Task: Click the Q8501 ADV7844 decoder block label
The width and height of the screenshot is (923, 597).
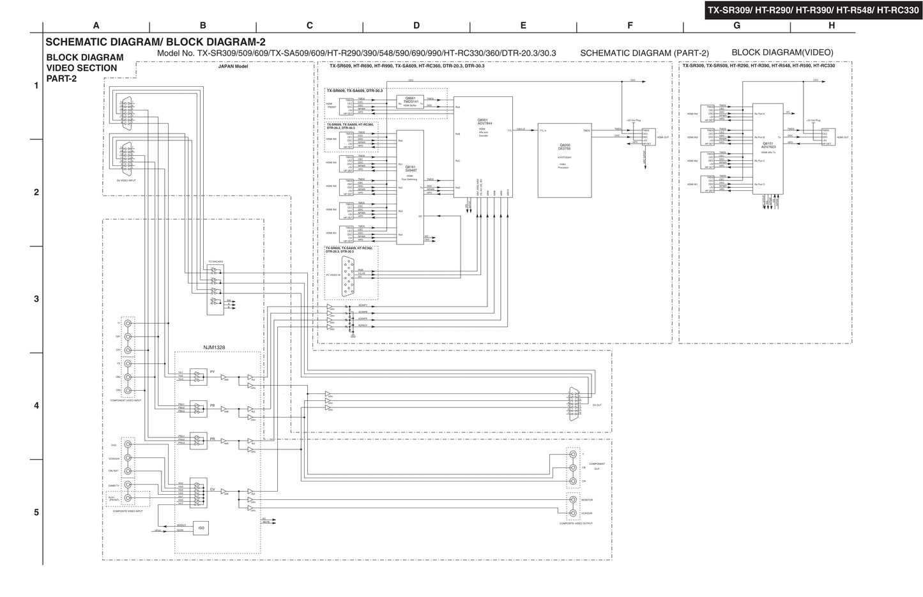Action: click(483, 121)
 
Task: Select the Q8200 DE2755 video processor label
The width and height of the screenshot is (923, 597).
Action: click(564, 146)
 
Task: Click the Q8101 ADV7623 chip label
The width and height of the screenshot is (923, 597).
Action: click(768, 146)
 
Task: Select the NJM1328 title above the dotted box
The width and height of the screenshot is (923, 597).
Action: click(214, 347)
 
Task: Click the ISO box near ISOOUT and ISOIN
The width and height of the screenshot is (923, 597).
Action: click(201, 528)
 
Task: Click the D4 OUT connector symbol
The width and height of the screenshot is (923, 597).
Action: click(574, 404)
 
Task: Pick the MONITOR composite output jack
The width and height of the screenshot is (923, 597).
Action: click(572, 500)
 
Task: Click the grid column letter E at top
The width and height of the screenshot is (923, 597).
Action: click(523, 26)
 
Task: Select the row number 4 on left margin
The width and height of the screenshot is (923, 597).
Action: click(36, 405)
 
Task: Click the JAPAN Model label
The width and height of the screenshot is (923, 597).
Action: click(233, 66)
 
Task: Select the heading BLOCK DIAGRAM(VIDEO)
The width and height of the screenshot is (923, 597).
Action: click(782, 52)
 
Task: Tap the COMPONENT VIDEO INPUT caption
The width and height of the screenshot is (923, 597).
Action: click(126, 400)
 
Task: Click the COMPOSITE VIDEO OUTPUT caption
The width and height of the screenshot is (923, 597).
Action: click(576, 524)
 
